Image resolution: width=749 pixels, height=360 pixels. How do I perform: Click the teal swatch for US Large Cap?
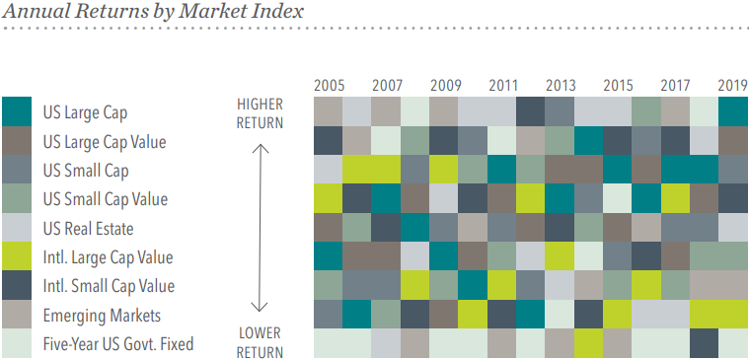(x=16, y=112)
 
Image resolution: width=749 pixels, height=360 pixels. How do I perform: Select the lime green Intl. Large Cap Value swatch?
(x=16, y=256)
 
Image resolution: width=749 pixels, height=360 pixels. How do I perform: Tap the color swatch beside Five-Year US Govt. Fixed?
(x=16, y=343)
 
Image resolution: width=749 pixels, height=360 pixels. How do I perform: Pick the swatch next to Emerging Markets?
(x=16, y=315)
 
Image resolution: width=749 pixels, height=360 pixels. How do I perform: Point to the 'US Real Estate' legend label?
(x=86, y=228)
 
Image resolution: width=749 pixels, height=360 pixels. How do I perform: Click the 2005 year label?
(x=329, y=85)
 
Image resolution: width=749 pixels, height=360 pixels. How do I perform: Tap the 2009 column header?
(x=445, y=85)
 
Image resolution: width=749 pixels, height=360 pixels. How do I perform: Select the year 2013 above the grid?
(x=561, y=85)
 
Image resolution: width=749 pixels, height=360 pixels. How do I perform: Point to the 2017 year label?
(x=676, y=85)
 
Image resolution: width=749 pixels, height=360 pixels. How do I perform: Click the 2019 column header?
(x=733, y=85)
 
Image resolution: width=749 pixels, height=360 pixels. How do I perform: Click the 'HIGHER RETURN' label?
(x=260, y=113)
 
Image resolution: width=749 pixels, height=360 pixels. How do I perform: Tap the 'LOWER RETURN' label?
(x=260, y=343)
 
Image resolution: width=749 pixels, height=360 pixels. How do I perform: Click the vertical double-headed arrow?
(x=261, y=228)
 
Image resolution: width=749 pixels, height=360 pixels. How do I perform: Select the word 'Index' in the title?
(x=277, y=13)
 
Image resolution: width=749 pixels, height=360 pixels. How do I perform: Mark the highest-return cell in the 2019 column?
(x=733, y=112)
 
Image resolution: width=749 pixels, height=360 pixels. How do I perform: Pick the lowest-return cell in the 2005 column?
(x=329, y=343)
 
